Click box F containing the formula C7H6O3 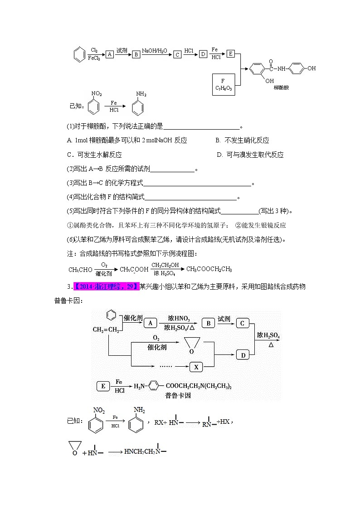(x=223, y=85)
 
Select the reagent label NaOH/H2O (x=154, y=50)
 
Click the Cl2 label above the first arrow (x=94, y=50)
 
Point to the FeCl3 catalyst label (x=94, y=58)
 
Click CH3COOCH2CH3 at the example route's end (x=209, y=269)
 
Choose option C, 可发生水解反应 (x=94, y=155)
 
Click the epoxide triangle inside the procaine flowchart (x=191, y=347)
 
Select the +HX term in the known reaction (x=223, y=421)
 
